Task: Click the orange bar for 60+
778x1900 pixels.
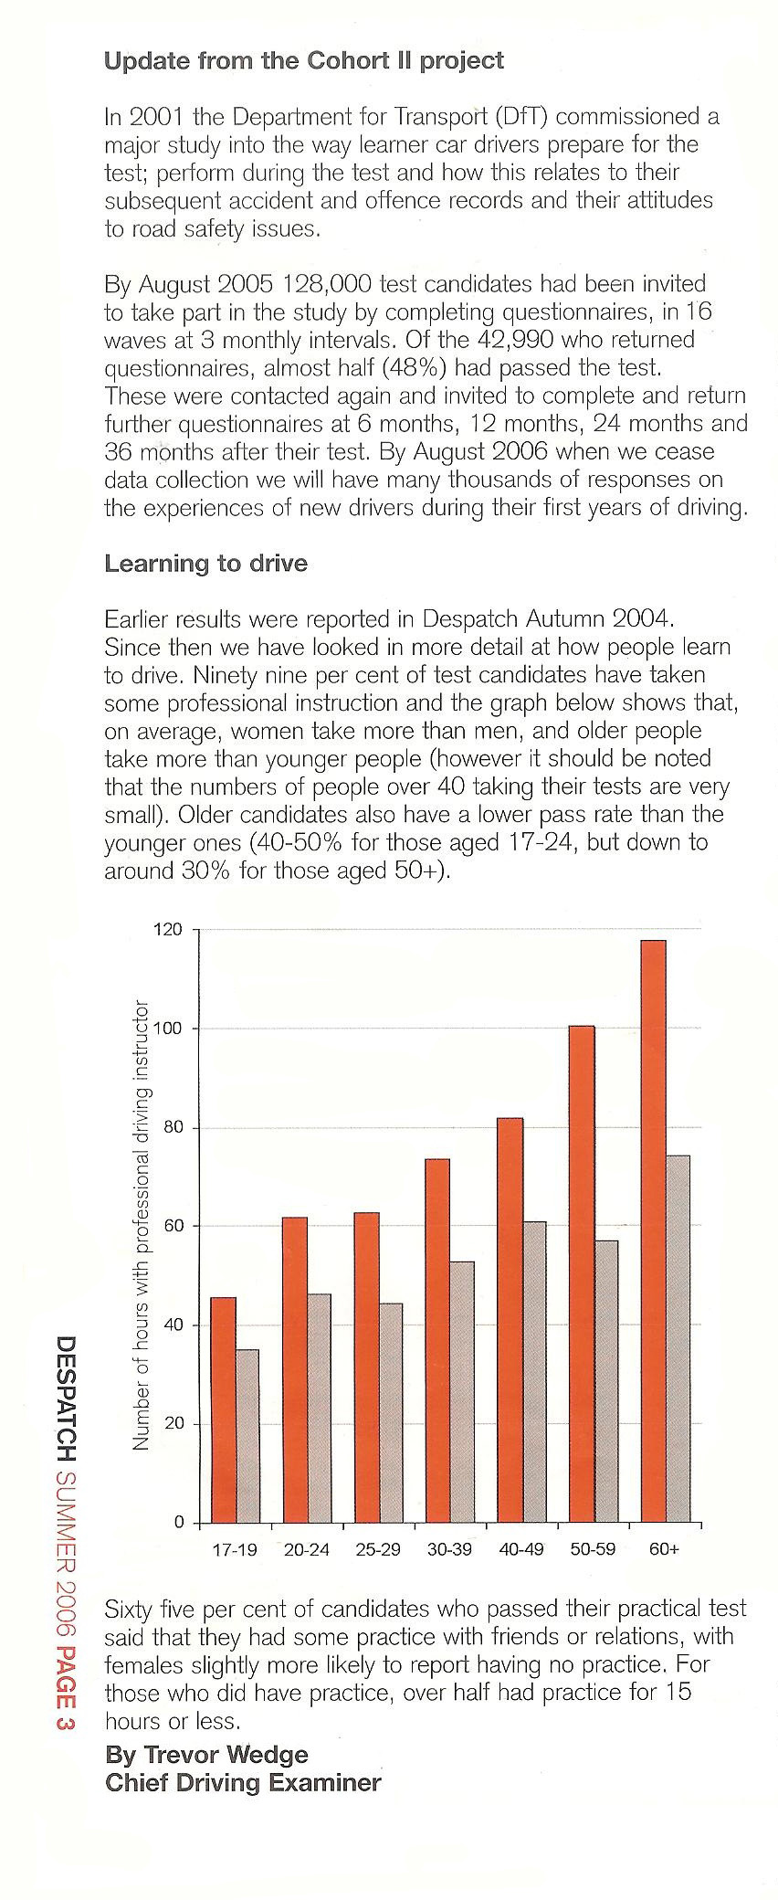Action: tap(653, 1231)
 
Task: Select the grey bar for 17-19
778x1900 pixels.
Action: tap(247, 1436)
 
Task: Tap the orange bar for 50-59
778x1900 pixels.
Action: tap(582, 1274)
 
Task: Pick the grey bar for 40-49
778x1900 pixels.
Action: tap(534, 1372)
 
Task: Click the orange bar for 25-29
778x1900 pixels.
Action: tap(367, 1367)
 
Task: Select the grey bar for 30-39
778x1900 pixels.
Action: tap(462, 1392)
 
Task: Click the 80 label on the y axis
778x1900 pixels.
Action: tap(173, 1127)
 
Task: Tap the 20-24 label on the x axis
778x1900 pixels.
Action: tap(307, 1550)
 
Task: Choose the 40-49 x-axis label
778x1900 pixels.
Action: tap(521, 1550)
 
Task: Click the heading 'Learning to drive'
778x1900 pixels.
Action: tap(206, 564)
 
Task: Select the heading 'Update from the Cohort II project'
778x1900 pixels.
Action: tap(304, 61)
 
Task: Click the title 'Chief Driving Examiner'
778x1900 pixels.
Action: tap(243, 1783)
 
